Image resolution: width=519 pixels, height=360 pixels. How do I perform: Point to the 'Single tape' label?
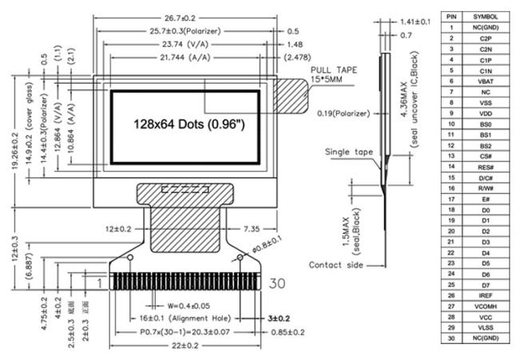348,151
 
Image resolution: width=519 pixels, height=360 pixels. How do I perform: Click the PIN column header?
451,16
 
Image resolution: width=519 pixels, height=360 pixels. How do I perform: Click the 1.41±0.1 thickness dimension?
414,22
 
